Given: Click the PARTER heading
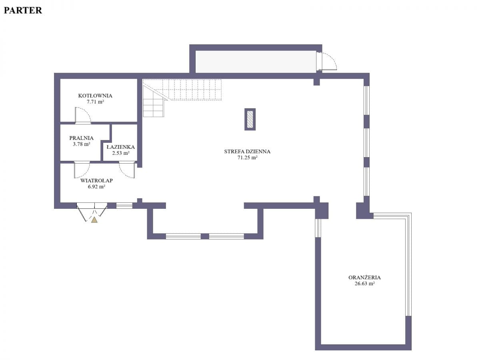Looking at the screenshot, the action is tap(23, 10).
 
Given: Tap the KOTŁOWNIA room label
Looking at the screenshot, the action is tap(95, 96).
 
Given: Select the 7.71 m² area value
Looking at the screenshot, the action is tap(95, 102).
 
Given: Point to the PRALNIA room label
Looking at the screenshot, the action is tap(81, 138).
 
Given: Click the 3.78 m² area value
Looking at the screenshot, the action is tap(81, 144).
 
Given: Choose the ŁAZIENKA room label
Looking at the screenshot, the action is tap(120, 147).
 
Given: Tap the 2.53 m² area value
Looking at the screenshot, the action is tap(120, 153).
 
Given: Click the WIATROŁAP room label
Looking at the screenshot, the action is tap(96, 180).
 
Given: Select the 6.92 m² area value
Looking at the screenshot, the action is tap(96, 187).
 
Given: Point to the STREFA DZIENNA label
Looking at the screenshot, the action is tap(247, 152).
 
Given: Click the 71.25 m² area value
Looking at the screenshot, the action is tap(247, 158).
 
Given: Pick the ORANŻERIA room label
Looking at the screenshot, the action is tap(364, 277).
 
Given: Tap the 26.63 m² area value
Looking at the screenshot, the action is tap(364, 284).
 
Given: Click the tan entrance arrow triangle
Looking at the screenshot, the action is tap(94, 220).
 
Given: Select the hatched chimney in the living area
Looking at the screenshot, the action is tap(250, 119).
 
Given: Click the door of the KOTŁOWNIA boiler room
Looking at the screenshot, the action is tap(83, 116).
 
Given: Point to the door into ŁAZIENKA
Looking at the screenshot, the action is tap(127, 170).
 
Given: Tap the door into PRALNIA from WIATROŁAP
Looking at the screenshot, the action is tap(82, 170).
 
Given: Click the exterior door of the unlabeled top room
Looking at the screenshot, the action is tap(326, 61).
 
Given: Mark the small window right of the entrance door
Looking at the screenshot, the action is tap(124, 206).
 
